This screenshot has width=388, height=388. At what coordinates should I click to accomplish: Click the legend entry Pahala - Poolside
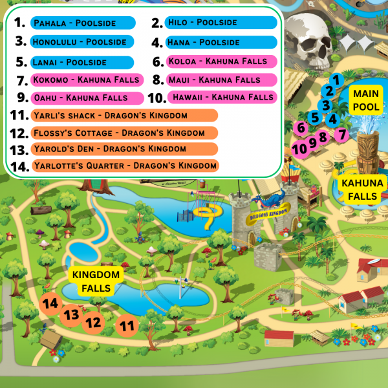[82, 23]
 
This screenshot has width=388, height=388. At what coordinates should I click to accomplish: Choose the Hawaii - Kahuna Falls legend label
[221, 98]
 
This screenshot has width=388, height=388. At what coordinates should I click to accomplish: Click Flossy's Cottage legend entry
[123, 133]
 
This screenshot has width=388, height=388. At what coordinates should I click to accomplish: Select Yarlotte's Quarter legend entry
[123, 166]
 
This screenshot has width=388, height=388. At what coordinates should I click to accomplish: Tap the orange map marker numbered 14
[50, 303]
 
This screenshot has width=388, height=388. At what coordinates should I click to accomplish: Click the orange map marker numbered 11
[128, 326]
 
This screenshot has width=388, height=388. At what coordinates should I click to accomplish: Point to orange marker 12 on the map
[94, 321]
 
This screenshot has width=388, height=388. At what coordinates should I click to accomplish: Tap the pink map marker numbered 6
[300, 127]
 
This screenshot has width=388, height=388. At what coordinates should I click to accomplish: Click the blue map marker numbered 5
[314, 117]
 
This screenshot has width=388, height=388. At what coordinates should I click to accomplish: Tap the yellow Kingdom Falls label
[96, 281]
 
